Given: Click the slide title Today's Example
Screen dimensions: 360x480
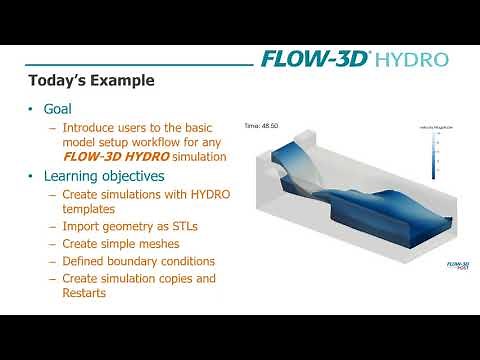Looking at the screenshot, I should click(x=91, y=80).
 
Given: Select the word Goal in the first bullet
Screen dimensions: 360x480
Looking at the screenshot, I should click(x=64, y=109).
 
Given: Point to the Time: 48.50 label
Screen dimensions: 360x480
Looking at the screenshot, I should click(x=261, y=127).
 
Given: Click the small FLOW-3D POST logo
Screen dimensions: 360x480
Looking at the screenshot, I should click(x=454, y=266).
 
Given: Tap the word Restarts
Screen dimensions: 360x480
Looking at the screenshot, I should click(x=89, y=294).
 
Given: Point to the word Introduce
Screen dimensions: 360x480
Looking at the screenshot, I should click(x=91, y=128).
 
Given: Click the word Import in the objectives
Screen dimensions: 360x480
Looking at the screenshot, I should click(x=82, y=227).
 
